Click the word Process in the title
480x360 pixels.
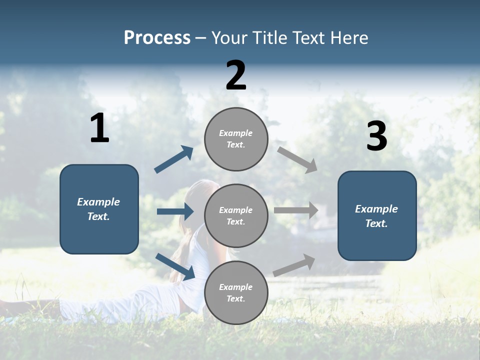pos(157,37)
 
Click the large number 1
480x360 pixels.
pos(99,128)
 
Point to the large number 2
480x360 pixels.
pos(236,75)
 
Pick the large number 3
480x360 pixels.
pos(376,136)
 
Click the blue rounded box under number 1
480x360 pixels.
pos(99,209)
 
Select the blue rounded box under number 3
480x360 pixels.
pos(377,215)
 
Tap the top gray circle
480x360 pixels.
pos(236,139)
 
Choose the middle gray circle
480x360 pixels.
pos(236,215)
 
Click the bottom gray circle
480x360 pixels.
pos(236,292)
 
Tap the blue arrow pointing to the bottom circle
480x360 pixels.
pos(175,266)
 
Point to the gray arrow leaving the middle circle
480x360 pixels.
pos(296,210)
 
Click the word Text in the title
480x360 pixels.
pos(307,37)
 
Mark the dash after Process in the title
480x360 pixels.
pos(201,38)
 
